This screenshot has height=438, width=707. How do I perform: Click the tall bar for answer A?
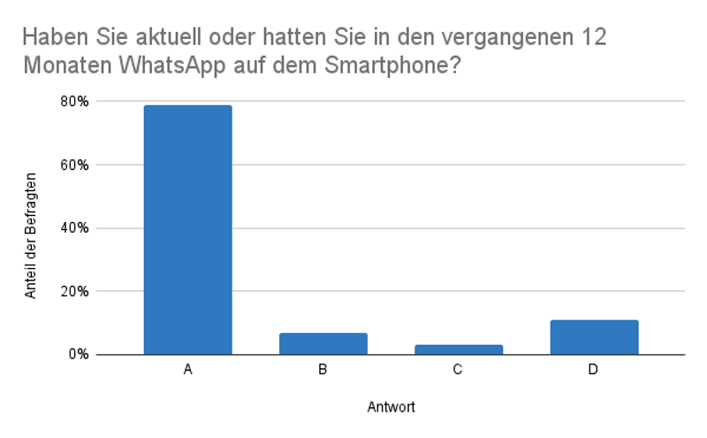coord(187,230)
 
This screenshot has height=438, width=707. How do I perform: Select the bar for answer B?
coord(323,344)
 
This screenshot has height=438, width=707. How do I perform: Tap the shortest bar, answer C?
coord(458,350)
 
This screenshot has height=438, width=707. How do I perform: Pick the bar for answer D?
coord(593,337)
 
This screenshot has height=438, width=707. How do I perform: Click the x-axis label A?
coord(187,370)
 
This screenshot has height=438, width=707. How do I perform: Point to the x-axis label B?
coord(323,370)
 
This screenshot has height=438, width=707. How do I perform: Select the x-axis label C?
coord(458,370)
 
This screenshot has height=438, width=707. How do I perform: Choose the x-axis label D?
coord(593,370)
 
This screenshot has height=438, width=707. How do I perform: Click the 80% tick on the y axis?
coord(75,102)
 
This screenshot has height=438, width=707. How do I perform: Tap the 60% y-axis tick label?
coord(75,165)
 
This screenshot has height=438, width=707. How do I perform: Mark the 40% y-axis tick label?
coord(75,228)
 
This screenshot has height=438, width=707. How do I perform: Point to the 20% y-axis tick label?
coord(75,291)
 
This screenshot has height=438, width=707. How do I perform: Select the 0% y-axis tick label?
coord(79,355)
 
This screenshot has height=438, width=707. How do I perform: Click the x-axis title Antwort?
coord(391,408)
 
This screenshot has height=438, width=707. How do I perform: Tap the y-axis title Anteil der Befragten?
coord(31,228)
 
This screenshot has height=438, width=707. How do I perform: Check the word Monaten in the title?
coord(61,65)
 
